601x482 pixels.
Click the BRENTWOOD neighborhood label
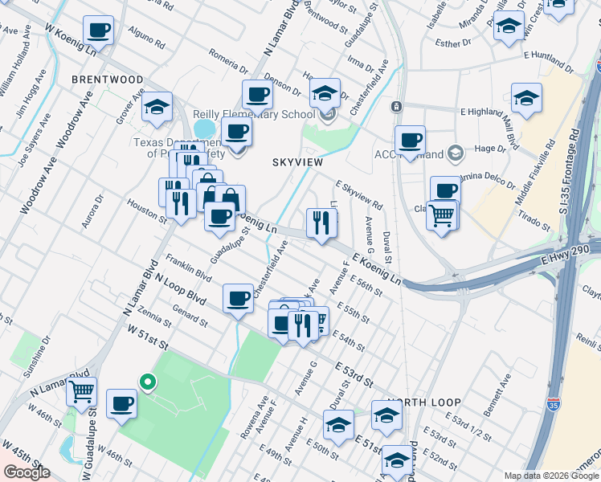(107, 80)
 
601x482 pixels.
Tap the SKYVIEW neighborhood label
(298, 162)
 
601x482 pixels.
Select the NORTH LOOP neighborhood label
(423, 402)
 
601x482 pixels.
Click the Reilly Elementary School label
(253, 115)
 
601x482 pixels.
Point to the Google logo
(27, 472)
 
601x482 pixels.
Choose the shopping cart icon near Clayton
(441, 214)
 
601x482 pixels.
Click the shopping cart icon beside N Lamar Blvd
(81, 391)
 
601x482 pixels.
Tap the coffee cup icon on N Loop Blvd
(238, 299)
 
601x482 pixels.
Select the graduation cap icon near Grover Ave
(157, 106)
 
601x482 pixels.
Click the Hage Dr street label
(489, 148)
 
